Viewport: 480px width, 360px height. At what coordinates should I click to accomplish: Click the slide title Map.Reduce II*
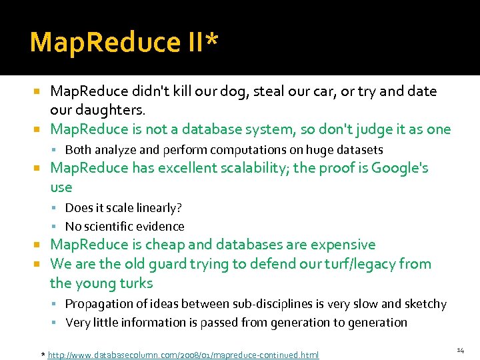coord(124,42)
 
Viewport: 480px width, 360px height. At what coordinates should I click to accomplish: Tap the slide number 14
coord(460,350)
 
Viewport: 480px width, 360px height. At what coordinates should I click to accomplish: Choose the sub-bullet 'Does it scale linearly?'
coord(123,208)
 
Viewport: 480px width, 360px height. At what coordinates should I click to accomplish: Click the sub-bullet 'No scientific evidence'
coord(125,227)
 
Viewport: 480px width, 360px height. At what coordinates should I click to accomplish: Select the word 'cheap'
coord(189,245)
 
